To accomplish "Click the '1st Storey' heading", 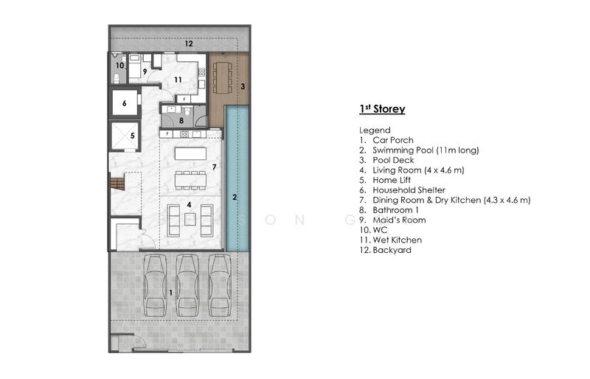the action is (x=382, y=109).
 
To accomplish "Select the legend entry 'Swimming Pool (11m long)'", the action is (x=426, y=150).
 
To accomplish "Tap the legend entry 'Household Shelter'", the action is (x=409, y=190).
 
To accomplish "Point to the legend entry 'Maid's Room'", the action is (x=399, y=220).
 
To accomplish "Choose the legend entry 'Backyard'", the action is (x=392, y=250).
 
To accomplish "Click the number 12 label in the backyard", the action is (x=189, y=44).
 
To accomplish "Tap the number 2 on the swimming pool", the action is (x=235, y=197).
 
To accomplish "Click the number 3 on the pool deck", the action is (x=243, y=86).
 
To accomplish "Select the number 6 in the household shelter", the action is (x=124, y=103).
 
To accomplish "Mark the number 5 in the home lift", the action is (x=133, y=136).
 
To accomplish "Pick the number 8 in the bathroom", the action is (x=181, y=120).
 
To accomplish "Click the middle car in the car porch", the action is (x=187, y=285).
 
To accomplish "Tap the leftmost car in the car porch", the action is (x=155, y=285).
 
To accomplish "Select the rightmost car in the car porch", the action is (x=220, y=285).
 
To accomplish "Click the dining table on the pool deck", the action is (x=223, y=77).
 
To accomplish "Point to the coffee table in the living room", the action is (x=190, y=220).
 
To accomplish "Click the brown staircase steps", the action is (x=117, y=184).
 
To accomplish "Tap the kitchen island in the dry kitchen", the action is (x=190, y=153).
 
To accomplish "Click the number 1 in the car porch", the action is (x=171, y=293).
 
